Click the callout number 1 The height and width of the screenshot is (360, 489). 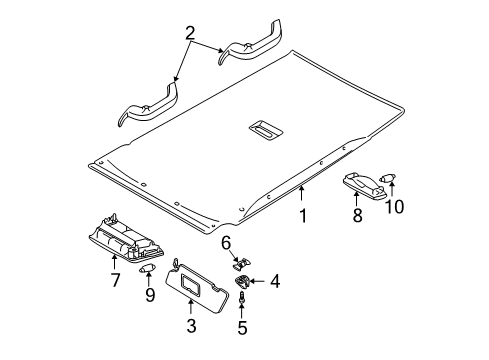point(303,216)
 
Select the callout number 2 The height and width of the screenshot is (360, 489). point(190,33)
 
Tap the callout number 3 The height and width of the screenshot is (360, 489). point(191,326)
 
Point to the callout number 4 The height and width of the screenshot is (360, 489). point(275,281)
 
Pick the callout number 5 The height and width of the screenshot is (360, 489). point(242,328)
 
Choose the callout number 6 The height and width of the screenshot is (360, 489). point(226,243)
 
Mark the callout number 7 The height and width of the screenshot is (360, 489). point(115,280)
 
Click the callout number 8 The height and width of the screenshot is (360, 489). point(357,215)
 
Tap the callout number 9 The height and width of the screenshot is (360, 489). point(150,295)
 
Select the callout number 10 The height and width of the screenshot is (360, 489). point(394,206)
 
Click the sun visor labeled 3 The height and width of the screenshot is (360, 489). point(197,287)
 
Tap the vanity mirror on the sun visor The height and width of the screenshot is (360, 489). point(191,285)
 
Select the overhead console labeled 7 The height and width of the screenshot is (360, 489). point(126,238)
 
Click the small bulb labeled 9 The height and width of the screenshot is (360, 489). point(145,269)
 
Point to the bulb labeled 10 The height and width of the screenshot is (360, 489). point(388,178)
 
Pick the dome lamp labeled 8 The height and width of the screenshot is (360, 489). point(365,185)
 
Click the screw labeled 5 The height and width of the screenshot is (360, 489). point(241,296)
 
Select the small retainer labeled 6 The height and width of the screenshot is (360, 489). point(242,263)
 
